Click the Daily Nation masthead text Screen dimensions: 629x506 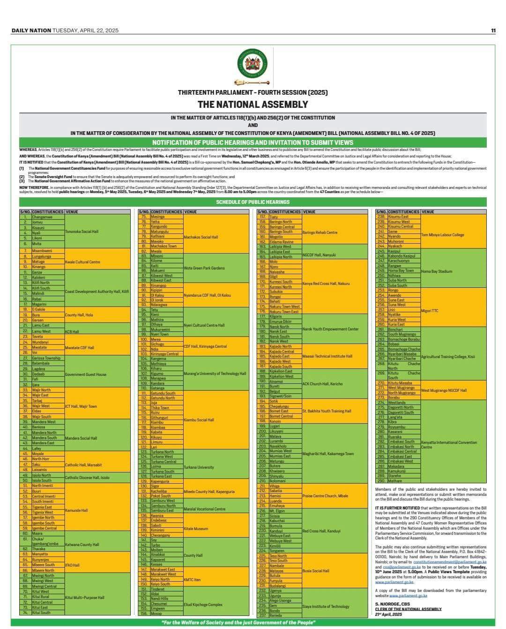31,30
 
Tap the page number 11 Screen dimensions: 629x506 493,30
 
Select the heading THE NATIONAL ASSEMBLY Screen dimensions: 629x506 253,104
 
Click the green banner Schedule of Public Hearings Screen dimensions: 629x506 253,202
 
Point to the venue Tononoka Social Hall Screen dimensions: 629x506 82,232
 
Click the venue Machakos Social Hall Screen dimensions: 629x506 201,237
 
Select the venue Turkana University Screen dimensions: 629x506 199,467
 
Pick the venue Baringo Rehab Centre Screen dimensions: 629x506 320,232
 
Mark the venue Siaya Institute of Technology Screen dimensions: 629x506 326,607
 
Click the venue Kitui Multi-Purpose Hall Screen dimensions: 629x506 84,598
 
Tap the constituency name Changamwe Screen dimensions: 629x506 42,217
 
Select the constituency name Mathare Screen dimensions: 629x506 394,481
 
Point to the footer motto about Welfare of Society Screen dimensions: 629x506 238,622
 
